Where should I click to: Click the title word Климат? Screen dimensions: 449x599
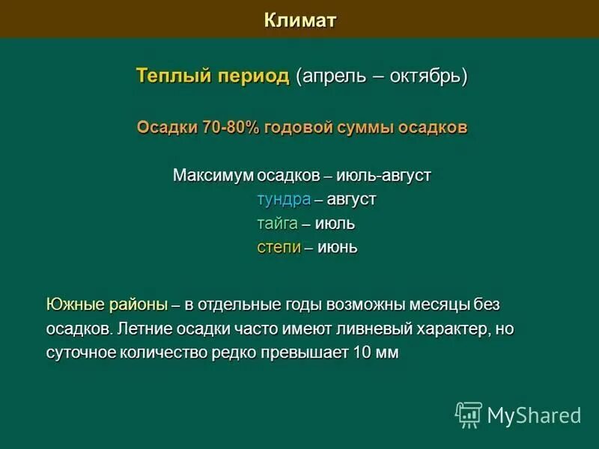pyautogui.click(x=299, y=19)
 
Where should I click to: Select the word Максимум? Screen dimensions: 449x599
pyautogui.click(x=213, y=176)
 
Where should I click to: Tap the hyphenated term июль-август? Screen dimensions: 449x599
pyautogui.click(x=384, y=176)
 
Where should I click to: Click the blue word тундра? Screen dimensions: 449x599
pyautogui.click(x=284, y=200)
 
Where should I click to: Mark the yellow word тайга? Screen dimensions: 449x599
pyautogui.click(x=277, y=224)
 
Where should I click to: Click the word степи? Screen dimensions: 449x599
pyautogui.click(x=279, y=247)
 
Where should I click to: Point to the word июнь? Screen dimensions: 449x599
pyautogui.click(x=338, y=247)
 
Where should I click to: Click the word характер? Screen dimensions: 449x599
pyautogui.click(x=457, y=329)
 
